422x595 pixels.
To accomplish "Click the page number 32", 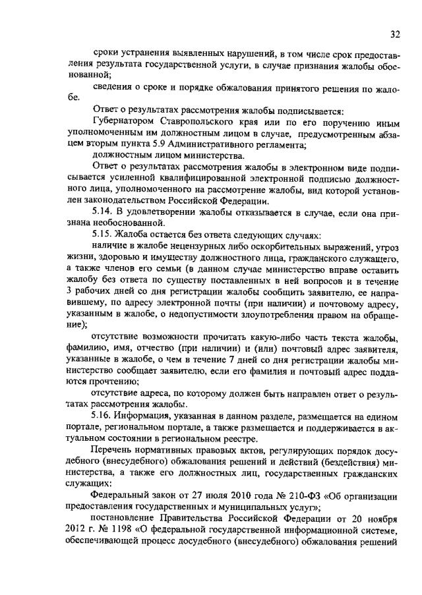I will click(x=395, y=34).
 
